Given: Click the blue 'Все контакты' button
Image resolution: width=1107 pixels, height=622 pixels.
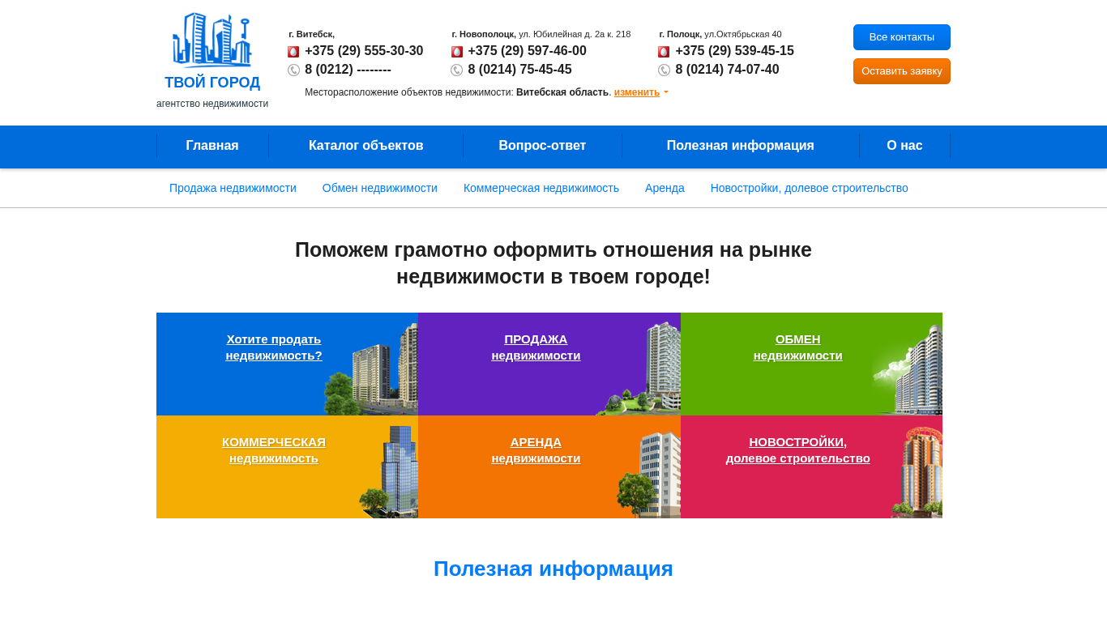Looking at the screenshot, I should (901, 37).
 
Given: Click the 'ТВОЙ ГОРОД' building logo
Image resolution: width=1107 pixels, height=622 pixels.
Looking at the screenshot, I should (212, 50).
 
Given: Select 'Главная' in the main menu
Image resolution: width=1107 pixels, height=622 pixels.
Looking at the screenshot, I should (212, 146).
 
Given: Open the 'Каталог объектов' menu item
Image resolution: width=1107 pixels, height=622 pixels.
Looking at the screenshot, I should (365, 146).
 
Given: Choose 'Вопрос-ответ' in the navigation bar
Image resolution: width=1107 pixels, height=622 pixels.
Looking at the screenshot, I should (542, 146).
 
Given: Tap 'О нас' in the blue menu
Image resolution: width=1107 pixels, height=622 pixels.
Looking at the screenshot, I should (904, 146).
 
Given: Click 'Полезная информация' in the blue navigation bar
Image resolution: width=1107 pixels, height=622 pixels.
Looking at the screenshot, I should (740, 146).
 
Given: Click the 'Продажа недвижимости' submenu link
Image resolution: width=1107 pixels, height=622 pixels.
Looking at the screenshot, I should (233, 188).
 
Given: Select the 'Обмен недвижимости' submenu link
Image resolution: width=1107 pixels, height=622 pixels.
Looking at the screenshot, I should (379, 188).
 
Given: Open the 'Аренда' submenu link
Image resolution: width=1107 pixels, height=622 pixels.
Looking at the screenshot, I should (665, 188).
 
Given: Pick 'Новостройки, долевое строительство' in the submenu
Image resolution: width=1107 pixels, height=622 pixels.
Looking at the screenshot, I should (809, 188).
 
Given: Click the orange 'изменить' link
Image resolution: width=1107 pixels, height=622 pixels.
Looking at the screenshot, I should (637, 92).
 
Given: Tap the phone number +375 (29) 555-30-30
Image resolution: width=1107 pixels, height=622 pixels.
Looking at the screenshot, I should (364, 51).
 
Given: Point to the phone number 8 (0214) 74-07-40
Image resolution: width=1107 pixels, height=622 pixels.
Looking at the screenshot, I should (727, 70).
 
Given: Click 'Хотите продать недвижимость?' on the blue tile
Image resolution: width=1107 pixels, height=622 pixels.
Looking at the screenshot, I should (274, 347).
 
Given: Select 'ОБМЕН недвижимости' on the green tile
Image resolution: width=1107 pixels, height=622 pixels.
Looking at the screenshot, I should (798, 347).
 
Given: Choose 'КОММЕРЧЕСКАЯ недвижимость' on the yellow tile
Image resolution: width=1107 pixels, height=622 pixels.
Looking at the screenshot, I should (274, 450).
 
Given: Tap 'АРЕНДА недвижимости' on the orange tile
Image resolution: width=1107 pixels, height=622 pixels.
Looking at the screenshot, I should (536, 450).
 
